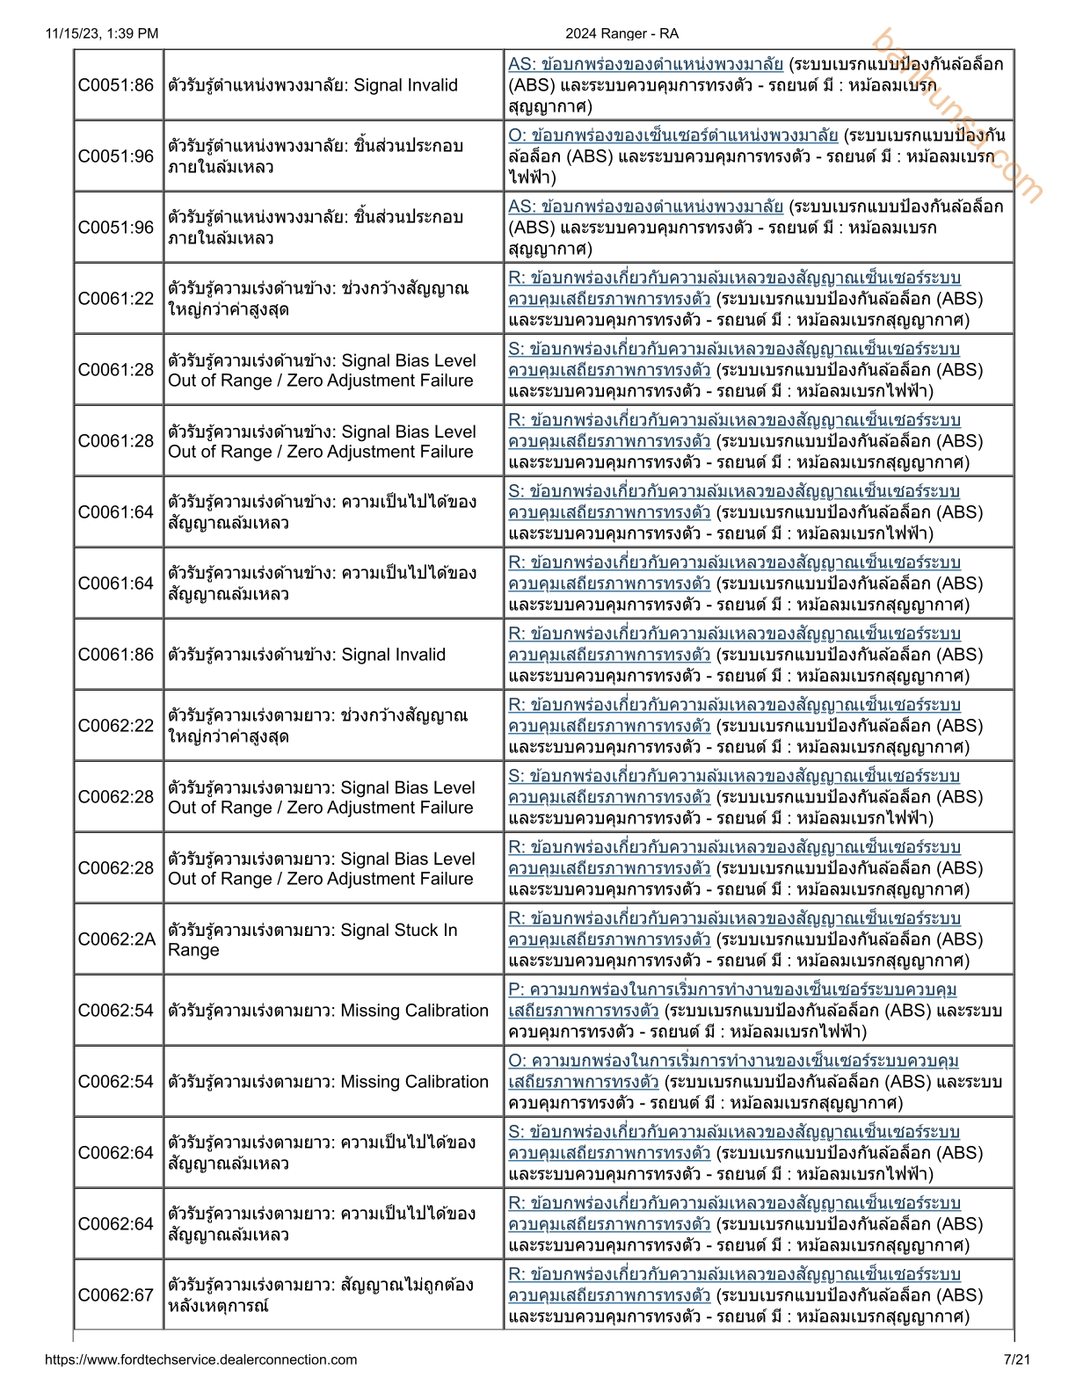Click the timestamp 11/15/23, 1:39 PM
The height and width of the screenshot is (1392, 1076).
click(x=101, y=33)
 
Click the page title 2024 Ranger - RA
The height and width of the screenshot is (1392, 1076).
click(x=622, y=33)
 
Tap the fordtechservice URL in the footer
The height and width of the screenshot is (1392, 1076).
click(x=200, y=1359)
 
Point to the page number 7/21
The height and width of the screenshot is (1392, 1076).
click(x=1016, y=1359)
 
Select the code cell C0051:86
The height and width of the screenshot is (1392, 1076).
click(x=116, y=85)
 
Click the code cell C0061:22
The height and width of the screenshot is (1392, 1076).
click(x=116, y=299)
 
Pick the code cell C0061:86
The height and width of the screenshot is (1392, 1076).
click(x=116, y=655)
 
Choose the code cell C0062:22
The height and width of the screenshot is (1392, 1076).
click(x=116, y=726)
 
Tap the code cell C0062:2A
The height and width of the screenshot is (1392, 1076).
click(x=116, y=939)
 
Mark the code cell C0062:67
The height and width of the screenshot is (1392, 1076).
click(x=116, y=1295)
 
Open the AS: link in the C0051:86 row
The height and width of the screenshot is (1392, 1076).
click(x=645, y=64)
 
